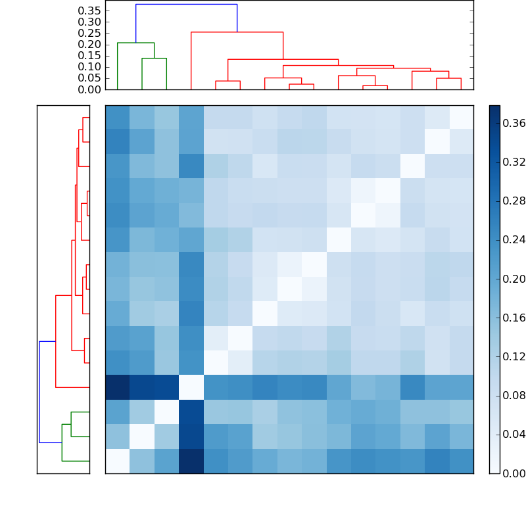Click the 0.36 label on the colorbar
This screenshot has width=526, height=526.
[510, 123]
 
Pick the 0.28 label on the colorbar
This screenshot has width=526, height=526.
[510, 201]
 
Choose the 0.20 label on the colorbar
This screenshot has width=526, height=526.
[510, 279]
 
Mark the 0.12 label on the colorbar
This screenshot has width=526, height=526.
[510, 356]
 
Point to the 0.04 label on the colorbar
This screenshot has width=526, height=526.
[510, 434]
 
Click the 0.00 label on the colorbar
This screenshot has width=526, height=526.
[510, 473]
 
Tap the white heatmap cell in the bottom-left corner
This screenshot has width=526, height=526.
[118, 461]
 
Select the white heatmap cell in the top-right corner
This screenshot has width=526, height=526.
[461, 118]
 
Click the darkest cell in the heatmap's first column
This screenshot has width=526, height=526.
[118, 387]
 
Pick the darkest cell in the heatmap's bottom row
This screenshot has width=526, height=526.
[191, 461]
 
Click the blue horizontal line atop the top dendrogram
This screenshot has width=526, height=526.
[186, 5]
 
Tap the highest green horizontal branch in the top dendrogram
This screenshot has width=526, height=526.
[135, 43]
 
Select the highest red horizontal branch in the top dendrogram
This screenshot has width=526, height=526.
[237, 32]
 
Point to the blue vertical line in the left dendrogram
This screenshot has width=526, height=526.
[39, 392]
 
